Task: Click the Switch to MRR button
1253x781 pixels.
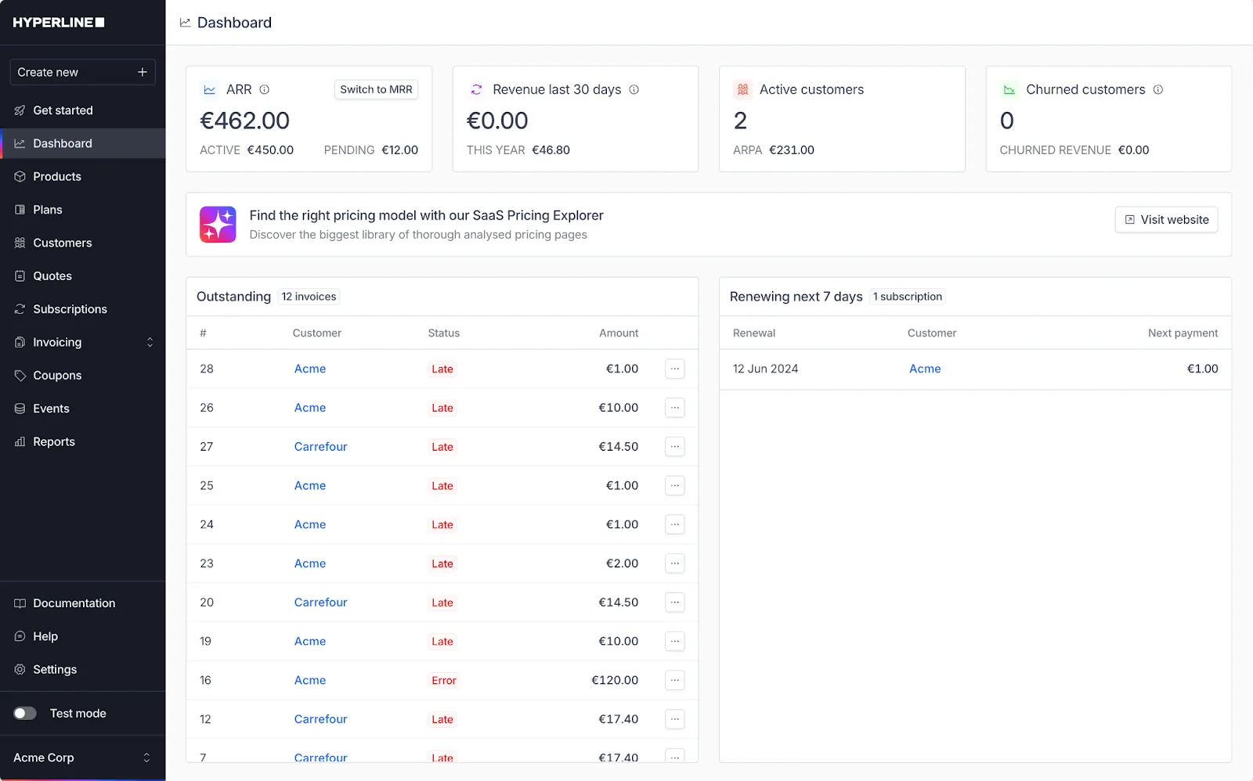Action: tap(376, 89)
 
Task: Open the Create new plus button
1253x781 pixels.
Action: tap(142, 72)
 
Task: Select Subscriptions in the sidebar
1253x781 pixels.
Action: tap(70, 309)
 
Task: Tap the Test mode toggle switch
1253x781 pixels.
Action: tap(25, 714)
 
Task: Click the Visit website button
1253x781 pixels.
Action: tap(1166, 220)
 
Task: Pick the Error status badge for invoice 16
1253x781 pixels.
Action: tap(443, 680)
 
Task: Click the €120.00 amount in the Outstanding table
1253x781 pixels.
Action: tap(615, 680)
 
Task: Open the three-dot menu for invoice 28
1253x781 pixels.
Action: tap(674, 369)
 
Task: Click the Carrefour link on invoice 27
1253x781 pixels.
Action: tap(320, 447)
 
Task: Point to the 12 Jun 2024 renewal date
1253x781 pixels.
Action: tap(765, 369)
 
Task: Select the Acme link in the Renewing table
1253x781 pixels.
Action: tap(925, 369)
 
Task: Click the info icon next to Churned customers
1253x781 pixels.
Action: tap(1158, 89)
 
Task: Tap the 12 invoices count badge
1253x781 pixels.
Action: tap(309, 297)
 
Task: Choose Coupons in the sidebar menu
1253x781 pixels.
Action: tap(57, 376)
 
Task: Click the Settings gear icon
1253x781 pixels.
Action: tap(20, 670)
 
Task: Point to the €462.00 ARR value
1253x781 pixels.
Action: tap(244, 121)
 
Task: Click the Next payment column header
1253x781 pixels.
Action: tap(1183, 333)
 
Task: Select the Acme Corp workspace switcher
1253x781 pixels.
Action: tap(82, 758)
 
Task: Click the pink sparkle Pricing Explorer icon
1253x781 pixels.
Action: tap(218, 225)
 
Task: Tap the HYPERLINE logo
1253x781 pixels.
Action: tap(59, 23)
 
